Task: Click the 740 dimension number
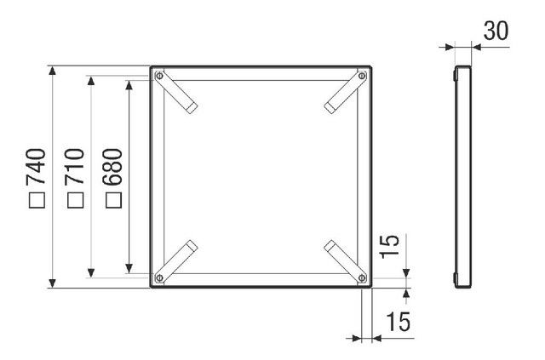tap(36, 166)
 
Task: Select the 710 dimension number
tap(74, 166)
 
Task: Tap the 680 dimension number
tap(113, 166)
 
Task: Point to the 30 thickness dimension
tap(496, 31)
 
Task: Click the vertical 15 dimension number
tap(390, 246)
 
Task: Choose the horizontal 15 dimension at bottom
tap(399, 322)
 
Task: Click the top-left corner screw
tap(159, 76)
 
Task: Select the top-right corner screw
tap(362, 76)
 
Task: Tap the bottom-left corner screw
tap(159, 277)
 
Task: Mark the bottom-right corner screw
tap(362, 277)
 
